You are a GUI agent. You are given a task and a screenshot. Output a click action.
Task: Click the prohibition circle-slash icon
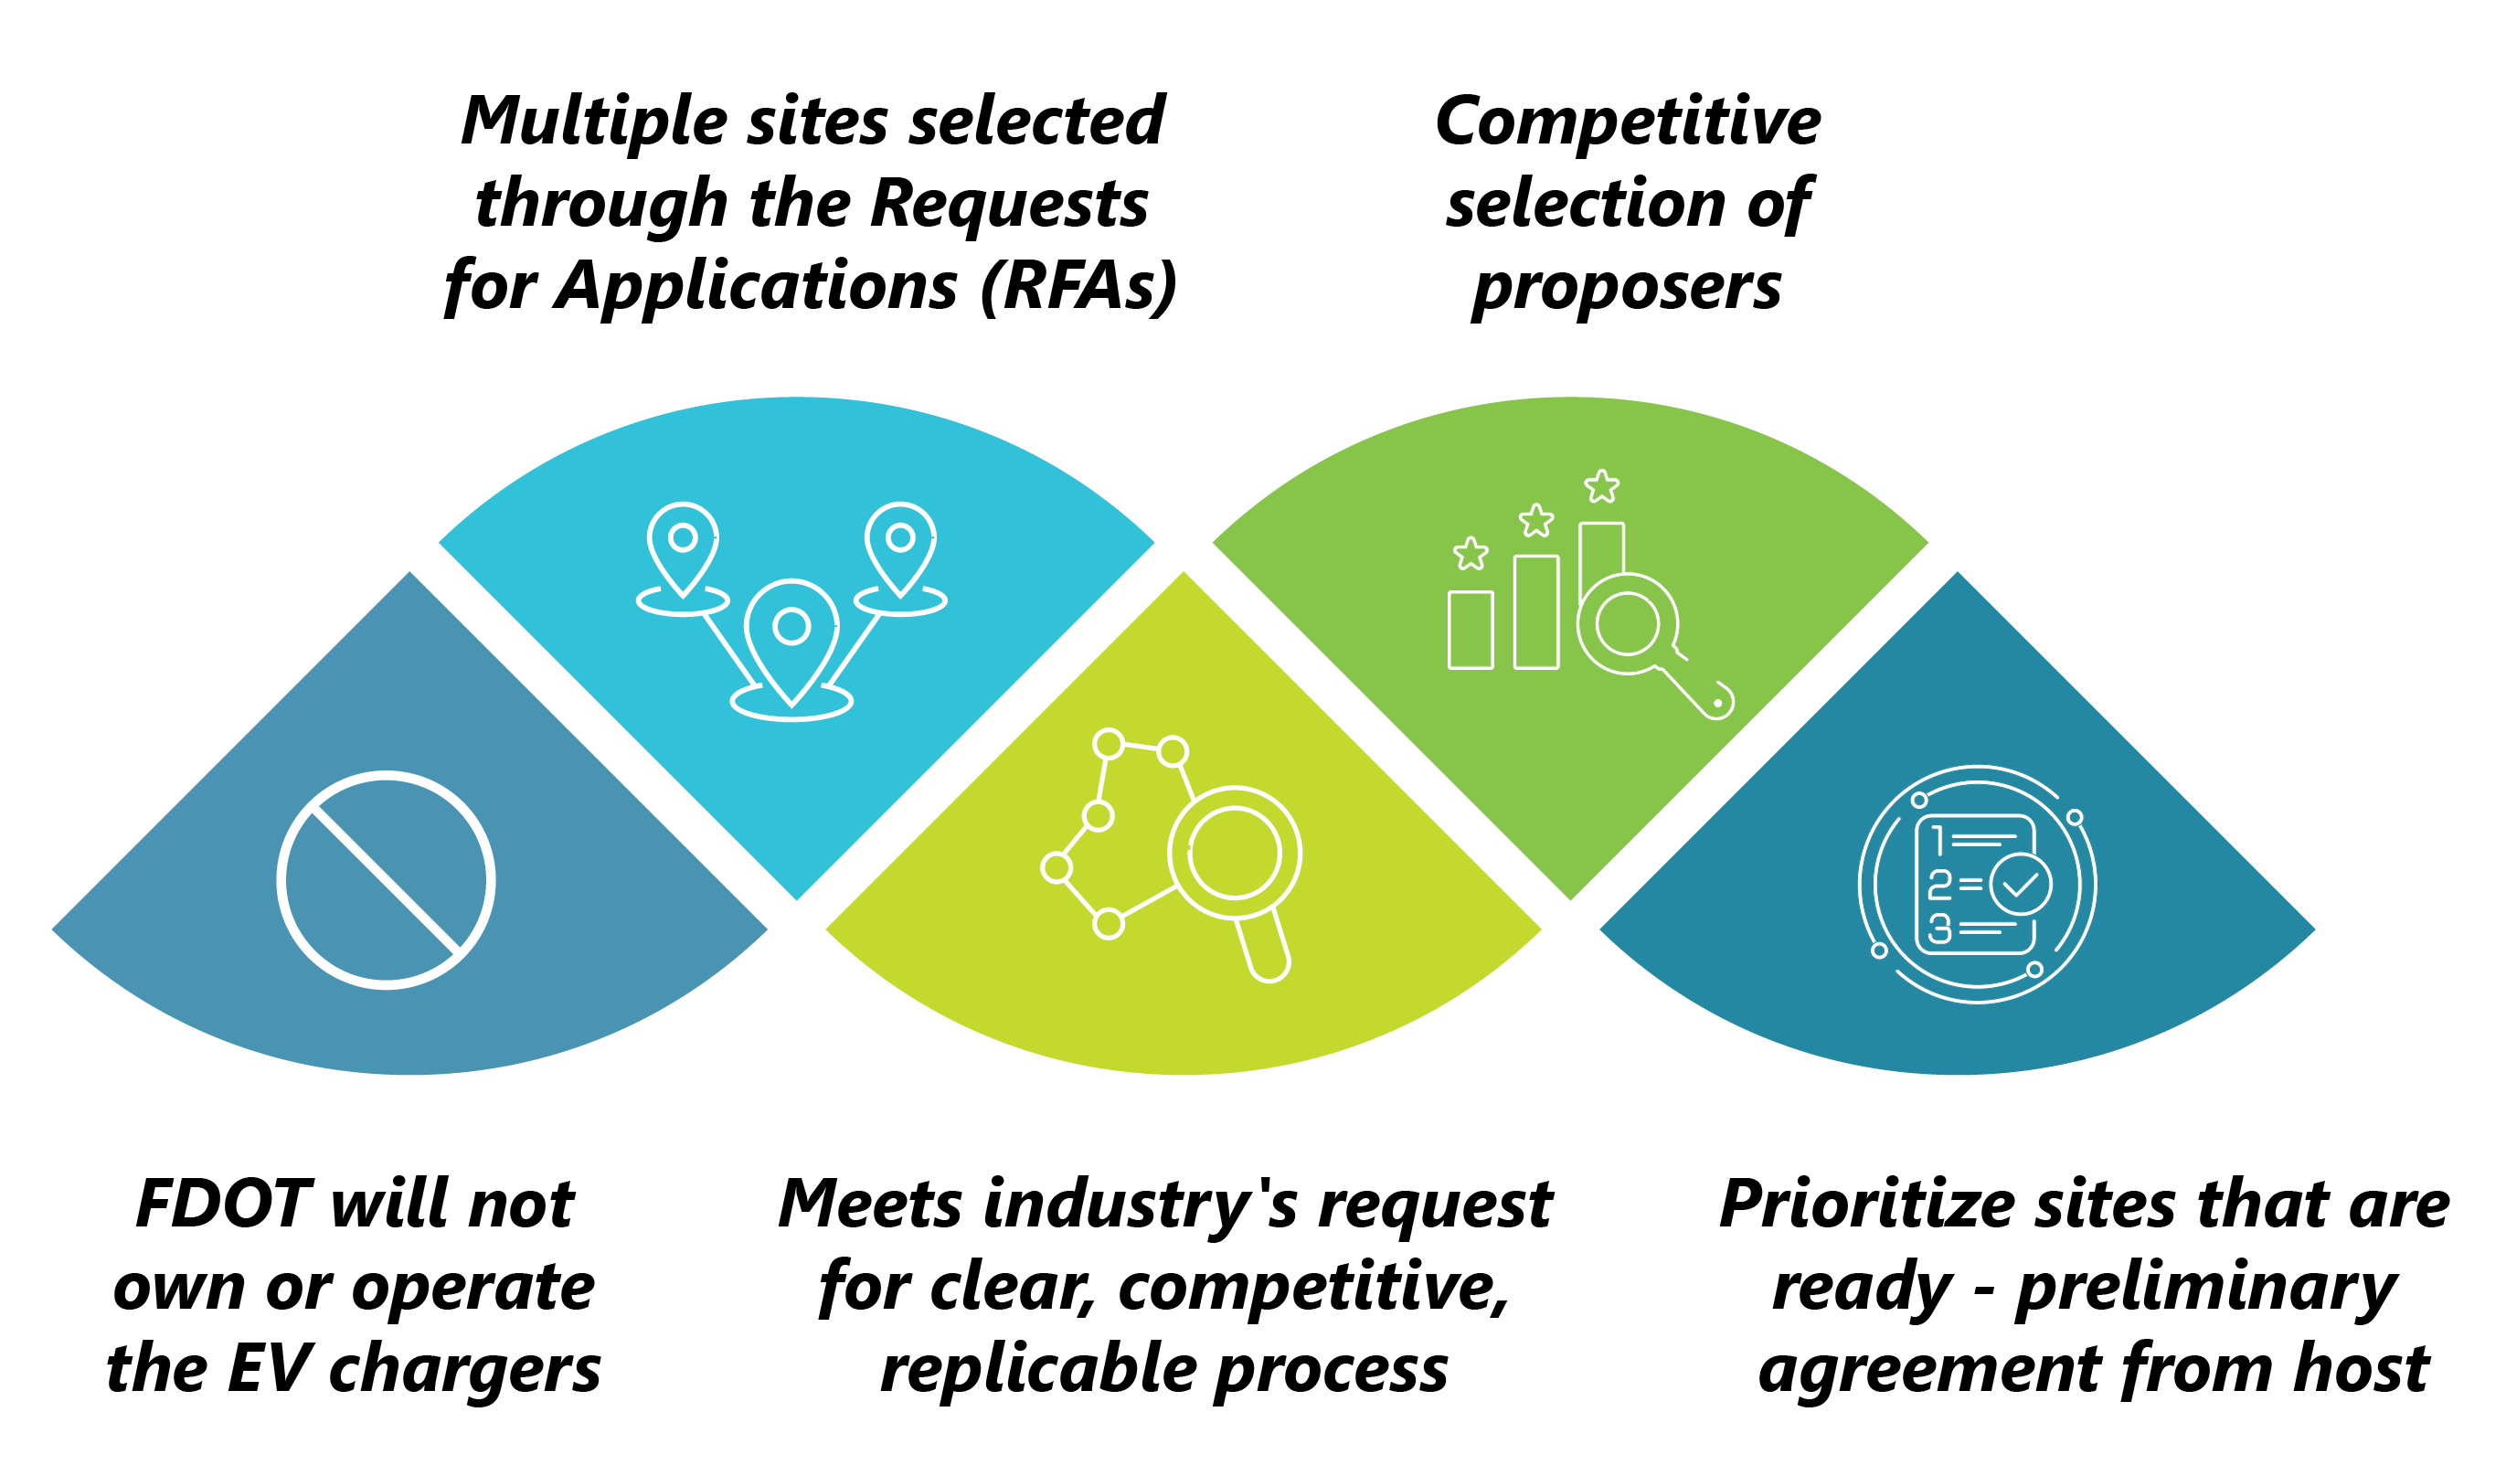click(386, 879)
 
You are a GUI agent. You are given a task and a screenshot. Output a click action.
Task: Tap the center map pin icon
click(791, 636)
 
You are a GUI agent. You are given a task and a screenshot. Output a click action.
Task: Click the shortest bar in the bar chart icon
click(1470, 630)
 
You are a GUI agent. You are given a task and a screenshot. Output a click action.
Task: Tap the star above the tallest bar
click(1601, 486)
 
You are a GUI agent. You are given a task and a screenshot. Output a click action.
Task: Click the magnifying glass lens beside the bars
click(1627, 623)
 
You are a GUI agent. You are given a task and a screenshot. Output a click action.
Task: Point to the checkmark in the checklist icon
click(2020, 883)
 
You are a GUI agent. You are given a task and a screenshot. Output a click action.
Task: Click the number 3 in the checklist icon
click(1939, 929)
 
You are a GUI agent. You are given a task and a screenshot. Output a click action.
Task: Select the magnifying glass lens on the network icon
click(1234, 853)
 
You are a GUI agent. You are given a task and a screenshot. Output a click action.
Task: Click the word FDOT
click(223, 1205)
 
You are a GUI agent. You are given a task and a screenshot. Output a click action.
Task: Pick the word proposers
click(1627, 289)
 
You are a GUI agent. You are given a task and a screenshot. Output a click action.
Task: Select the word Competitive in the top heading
click(1628, 122)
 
